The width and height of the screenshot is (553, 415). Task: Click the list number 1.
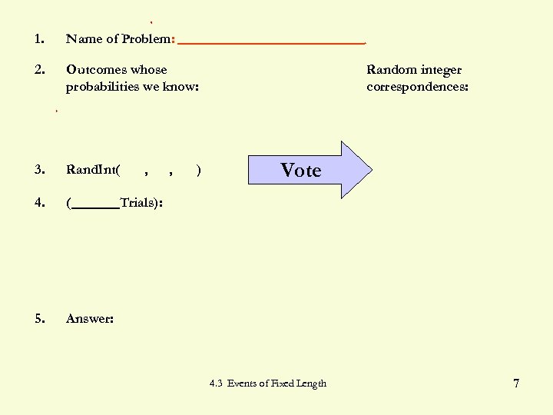[x=38, y=39]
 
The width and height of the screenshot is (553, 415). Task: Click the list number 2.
[x=39, y=70]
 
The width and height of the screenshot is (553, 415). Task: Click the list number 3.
[x=39, y=170]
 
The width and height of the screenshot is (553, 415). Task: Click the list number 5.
[x=39, y=318]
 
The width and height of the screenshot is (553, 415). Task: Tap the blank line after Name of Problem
[x=271, y=42]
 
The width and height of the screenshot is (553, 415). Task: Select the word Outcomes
[x=96, y=70]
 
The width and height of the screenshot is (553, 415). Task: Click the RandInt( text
[x=93, y=170]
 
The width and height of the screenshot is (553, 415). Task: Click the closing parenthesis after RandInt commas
[x=200, y=170]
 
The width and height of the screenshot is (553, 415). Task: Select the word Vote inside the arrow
[x=300, y=170]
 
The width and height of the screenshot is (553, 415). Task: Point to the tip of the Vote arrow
[x=371, y=170]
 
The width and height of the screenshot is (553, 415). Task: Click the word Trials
[x=137, y=204]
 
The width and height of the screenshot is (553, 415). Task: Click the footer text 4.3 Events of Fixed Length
[x=268, y=383]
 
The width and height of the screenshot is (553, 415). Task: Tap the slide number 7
[x=516, y=383]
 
